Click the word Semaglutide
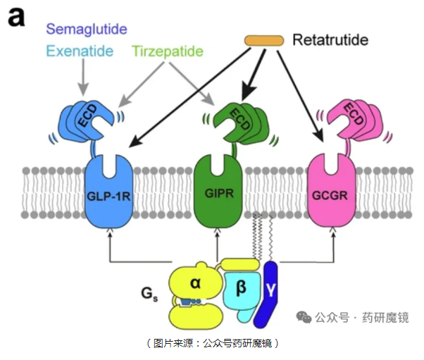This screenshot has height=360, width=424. click(x=86, y=29)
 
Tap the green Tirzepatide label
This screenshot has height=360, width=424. click(x=168, y=51)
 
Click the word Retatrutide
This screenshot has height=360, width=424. click(x=330, y=40)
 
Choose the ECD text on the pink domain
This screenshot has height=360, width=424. click(x=354, y=119)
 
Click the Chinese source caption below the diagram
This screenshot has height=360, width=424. click(x=212, y=343)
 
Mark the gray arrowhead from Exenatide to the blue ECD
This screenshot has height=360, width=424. click(x=83, y=90)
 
